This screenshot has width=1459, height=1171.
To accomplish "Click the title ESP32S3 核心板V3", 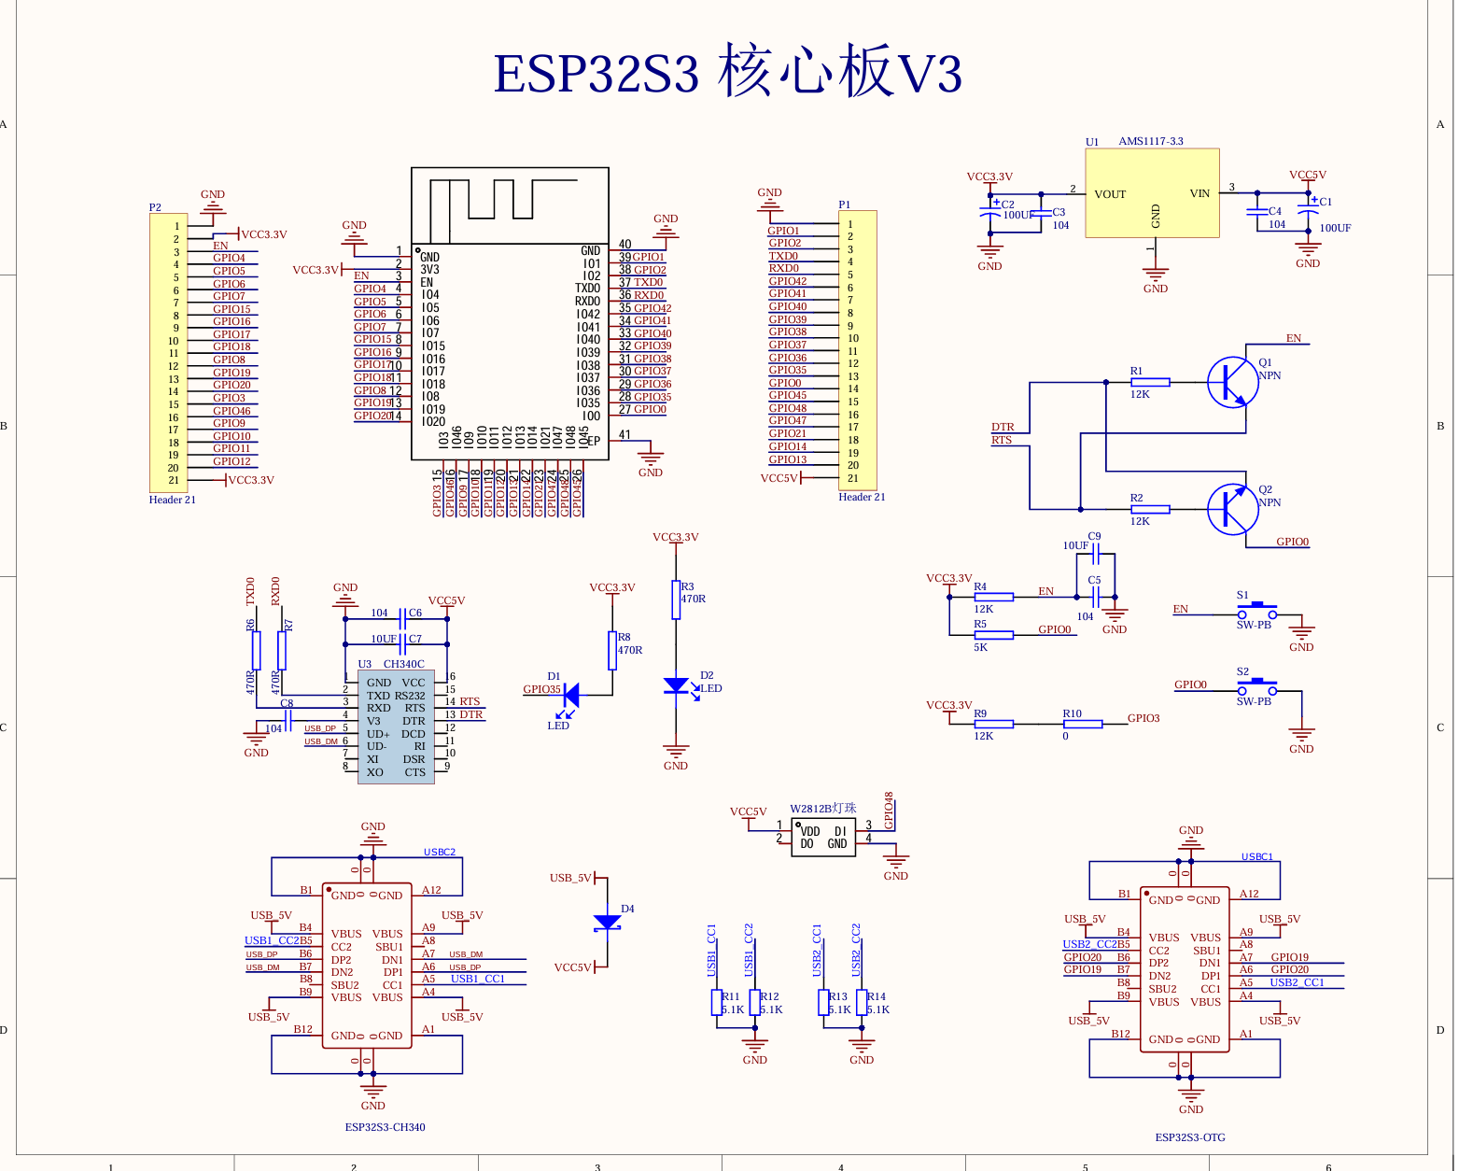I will (727, 73).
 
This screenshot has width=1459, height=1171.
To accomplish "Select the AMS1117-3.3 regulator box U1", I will (1152, 192).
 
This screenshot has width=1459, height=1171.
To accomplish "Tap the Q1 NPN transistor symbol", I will (1231, 381).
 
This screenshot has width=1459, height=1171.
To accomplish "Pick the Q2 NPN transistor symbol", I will (1231, 509).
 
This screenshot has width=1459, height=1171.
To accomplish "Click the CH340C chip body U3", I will (396, 727).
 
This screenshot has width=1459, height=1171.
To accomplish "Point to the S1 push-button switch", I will (1256, 613).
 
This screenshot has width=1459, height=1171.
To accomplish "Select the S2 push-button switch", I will (1256, 689).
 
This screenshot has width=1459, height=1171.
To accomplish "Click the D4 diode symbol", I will (607, 923).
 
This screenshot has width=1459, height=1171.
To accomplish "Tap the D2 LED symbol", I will (676, 686).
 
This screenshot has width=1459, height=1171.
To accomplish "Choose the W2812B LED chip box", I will (823, 837).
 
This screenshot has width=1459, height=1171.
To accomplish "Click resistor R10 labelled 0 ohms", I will (1083, 724).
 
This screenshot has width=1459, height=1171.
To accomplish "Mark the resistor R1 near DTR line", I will (1150, 382).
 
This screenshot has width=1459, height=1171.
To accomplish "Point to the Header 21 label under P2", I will (173, 500).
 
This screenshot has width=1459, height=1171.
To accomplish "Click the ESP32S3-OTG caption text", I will (1190, 1137).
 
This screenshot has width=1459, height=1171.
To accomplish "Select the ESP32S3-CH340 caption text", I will (385, 1127).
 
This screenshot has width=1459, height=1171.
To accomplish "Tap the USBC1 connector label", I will (1256, 856).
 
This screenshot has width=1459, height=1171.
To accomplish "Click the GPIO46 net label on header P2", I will (231, 411).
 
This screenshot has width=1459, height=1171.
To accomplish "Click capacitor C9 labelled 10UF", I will (1095, 556).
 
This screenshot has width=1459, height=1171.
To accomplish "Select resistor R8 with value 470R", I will (612, 650).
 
